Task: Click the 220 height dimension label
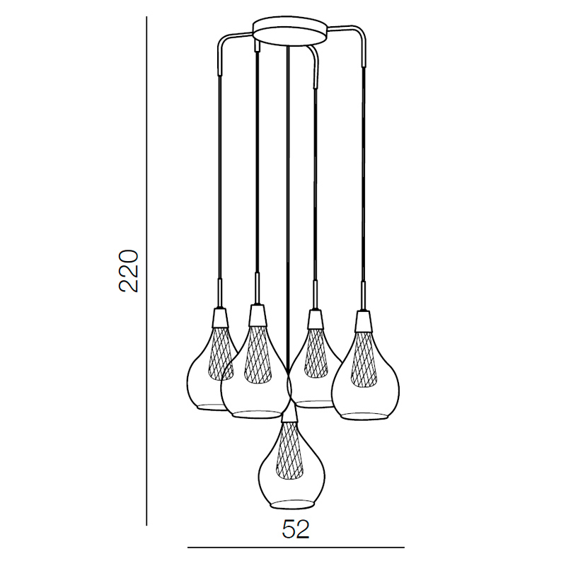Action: [x=129, y=270]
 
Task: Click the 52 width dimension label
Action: [x=296, y=529]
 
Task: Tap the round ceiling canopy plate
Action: [x=290, y=31]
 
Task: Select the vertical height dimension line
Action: [x=146, y=325]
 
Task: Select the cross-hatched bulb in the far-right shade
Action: [x=364, y=358]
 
